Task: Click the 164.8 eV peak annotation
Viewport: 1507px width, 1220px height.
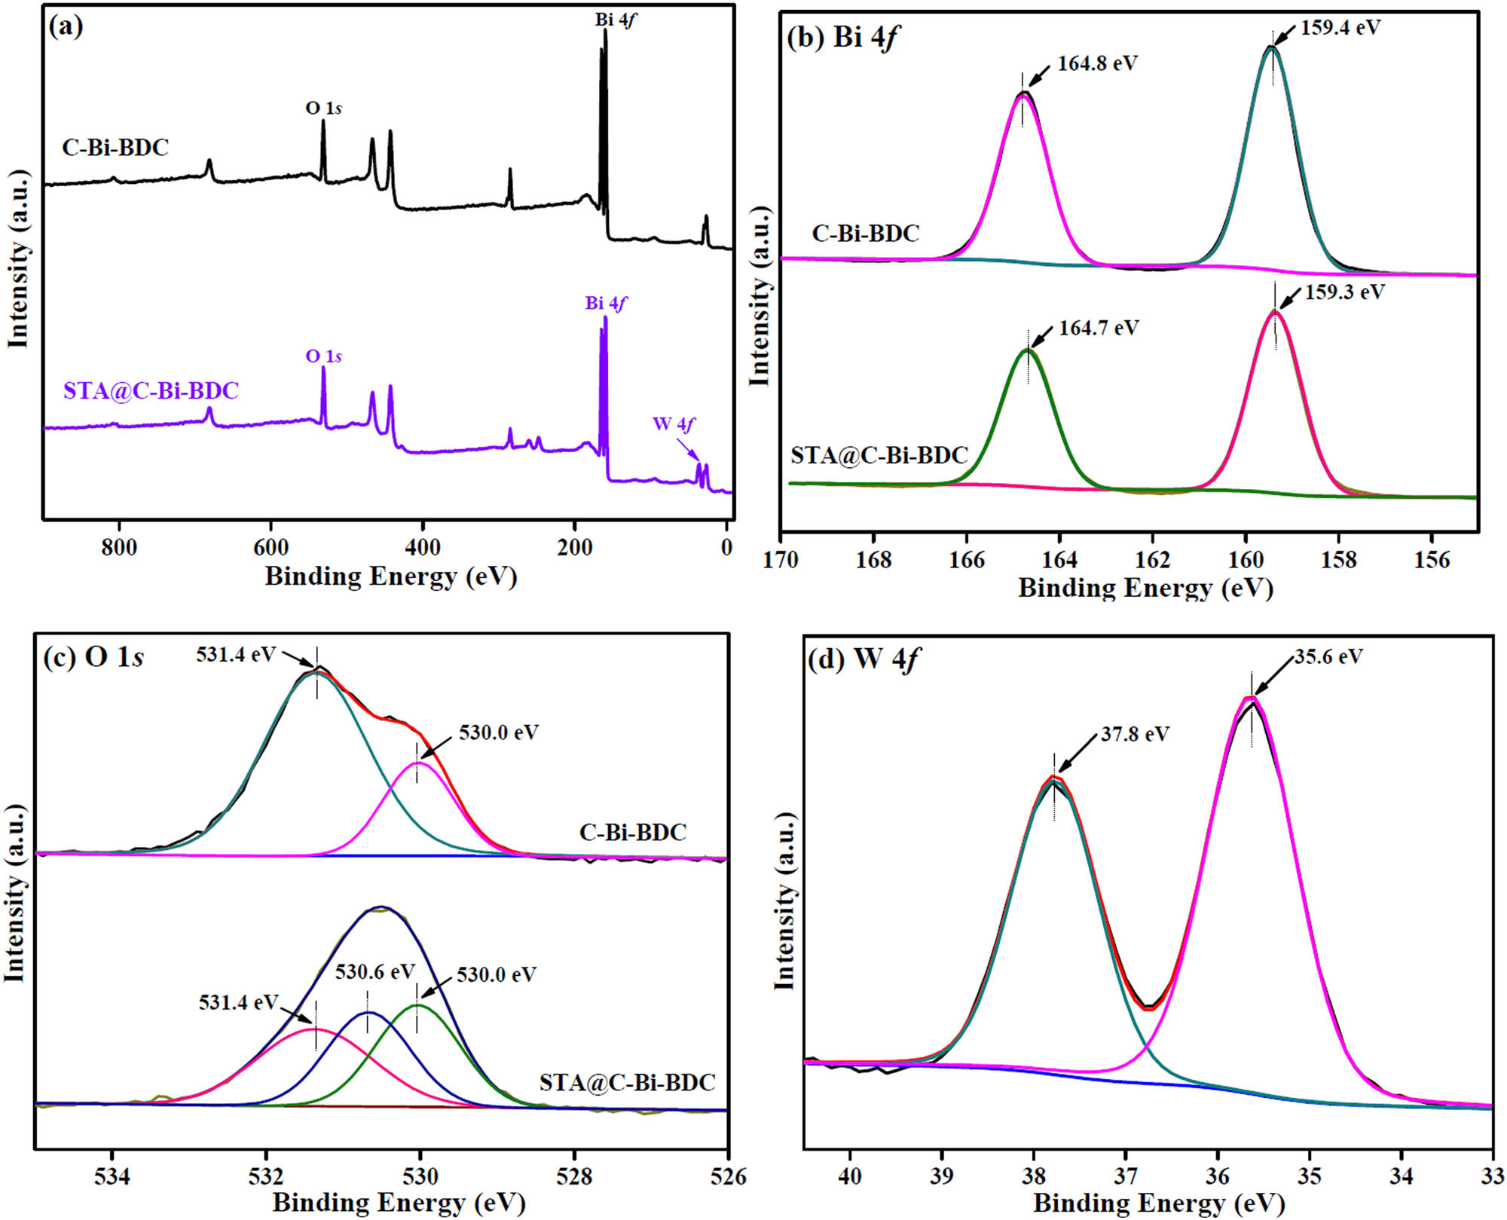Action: point(1096,63)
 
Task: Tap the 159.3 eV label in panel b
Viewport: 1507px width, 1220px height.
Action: point(1344,292)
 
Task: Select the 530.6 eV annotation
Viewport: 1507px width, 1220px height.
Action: point(374,971)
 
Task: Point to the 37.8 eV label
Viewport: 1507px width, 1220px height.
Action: point(1134,734)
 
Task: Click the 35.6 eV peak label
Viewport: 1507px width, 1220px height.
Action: point(1328,656)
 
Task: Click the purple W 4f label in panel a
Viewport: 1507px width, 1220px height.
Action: point(674,424)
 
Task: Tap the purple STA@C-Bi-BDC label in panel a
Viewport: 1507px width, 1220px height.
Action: point(151,390)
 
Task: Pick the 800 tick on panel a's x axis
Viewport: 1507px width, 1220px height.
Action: point(119,547)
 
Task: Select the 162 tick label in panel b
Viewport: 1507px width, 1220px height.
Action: point(1152,560)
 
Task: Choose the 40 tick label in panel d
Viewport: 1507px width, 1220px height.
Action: point(849,1176)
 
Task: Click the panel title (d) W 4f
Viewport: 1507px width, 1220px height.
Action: point(864,659)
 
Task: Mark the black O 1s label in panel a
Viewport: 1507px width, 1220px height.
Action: point(323,108)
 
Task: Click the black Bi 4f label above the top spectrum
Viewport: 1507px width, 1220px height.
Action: point(615,20)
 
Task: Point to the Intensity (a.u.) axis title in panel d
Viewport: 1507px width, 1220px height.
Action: point(785,901)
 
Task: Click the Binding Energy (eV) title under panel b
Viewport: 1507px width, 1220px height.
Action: point(1145,588)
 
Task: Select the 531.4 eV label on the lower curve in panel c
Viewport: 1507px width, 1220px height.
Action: point(238,1003)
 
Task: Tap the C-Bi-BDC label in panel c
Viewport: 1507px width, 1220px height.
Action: point(632,832)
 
